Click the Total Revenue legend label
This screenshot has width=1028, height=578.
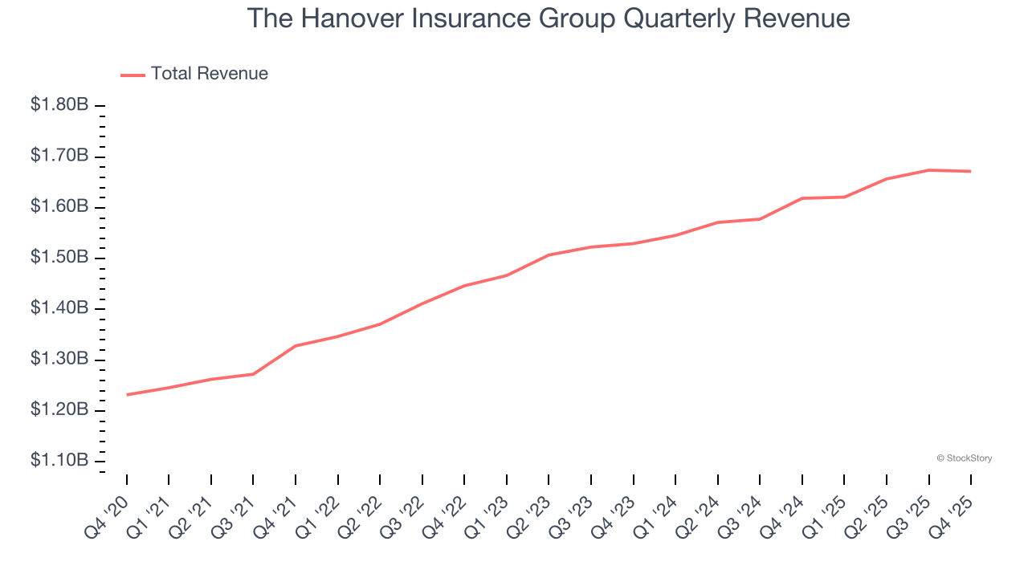pos(210,74)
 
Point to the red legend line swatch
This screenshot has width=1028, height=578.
pos(133,75)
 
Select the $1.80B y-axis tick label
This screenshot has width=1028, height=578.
pos(59,105)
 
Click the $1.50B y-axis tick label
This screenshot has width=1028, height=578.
pos(59,258)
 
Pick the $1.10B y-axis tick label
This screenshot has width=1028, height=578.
pos(59,461)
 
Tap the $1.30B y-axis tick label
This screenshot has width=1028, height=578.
pos(59,359)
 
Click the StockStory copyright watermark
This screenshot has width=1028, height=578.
pos(964,458)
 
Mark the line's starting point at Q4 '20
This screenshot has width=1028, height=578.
pos(127,394)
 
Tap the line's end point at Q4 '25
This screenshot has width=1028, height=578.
pos(970,171)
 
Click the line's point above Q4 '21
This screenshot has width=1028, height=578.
pos(296,346)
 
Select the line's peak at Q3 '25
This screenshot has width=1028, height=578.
pos(928,170)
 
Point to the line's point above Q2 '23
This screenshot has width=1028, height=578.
pos(549,255)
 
